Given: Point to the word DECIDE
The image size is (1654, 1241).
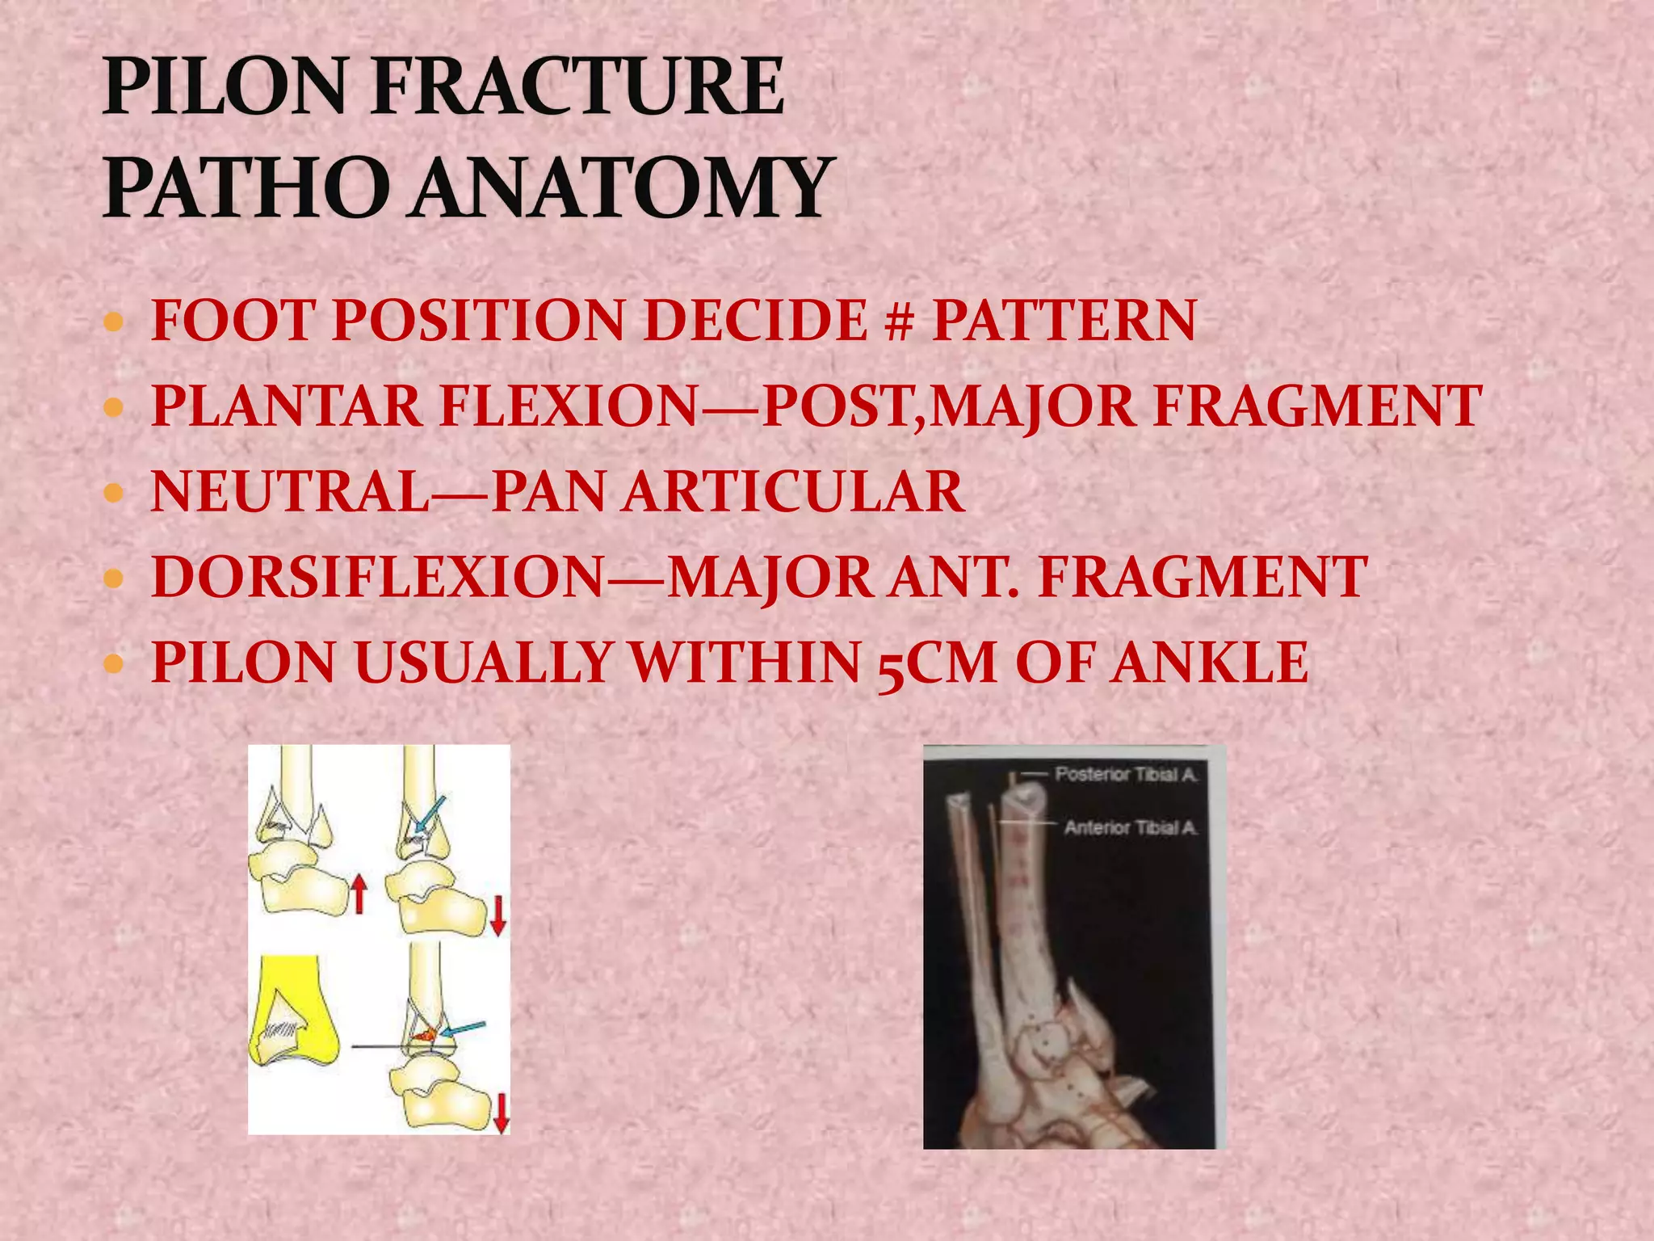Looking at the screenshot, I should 755,321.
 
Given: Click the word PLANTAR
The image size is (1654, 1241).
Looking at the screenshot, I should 287,406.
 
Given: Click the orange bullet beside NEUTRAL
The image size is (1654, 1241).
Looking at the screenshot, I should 114,492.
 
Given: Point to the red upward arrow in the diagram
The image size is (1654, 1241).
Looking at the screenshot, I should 359,895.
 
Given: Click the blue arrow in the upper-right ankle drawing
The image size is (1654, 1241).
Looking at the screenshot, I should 429,815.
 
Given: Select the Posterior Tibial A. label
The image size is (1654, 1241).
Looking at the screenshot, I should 1126,775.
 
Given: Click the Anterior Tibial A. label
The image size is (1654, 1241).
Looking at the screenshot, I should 1130,827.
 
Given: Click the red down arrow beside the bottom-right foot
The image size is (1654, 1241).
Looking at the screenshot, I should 501,1113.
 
